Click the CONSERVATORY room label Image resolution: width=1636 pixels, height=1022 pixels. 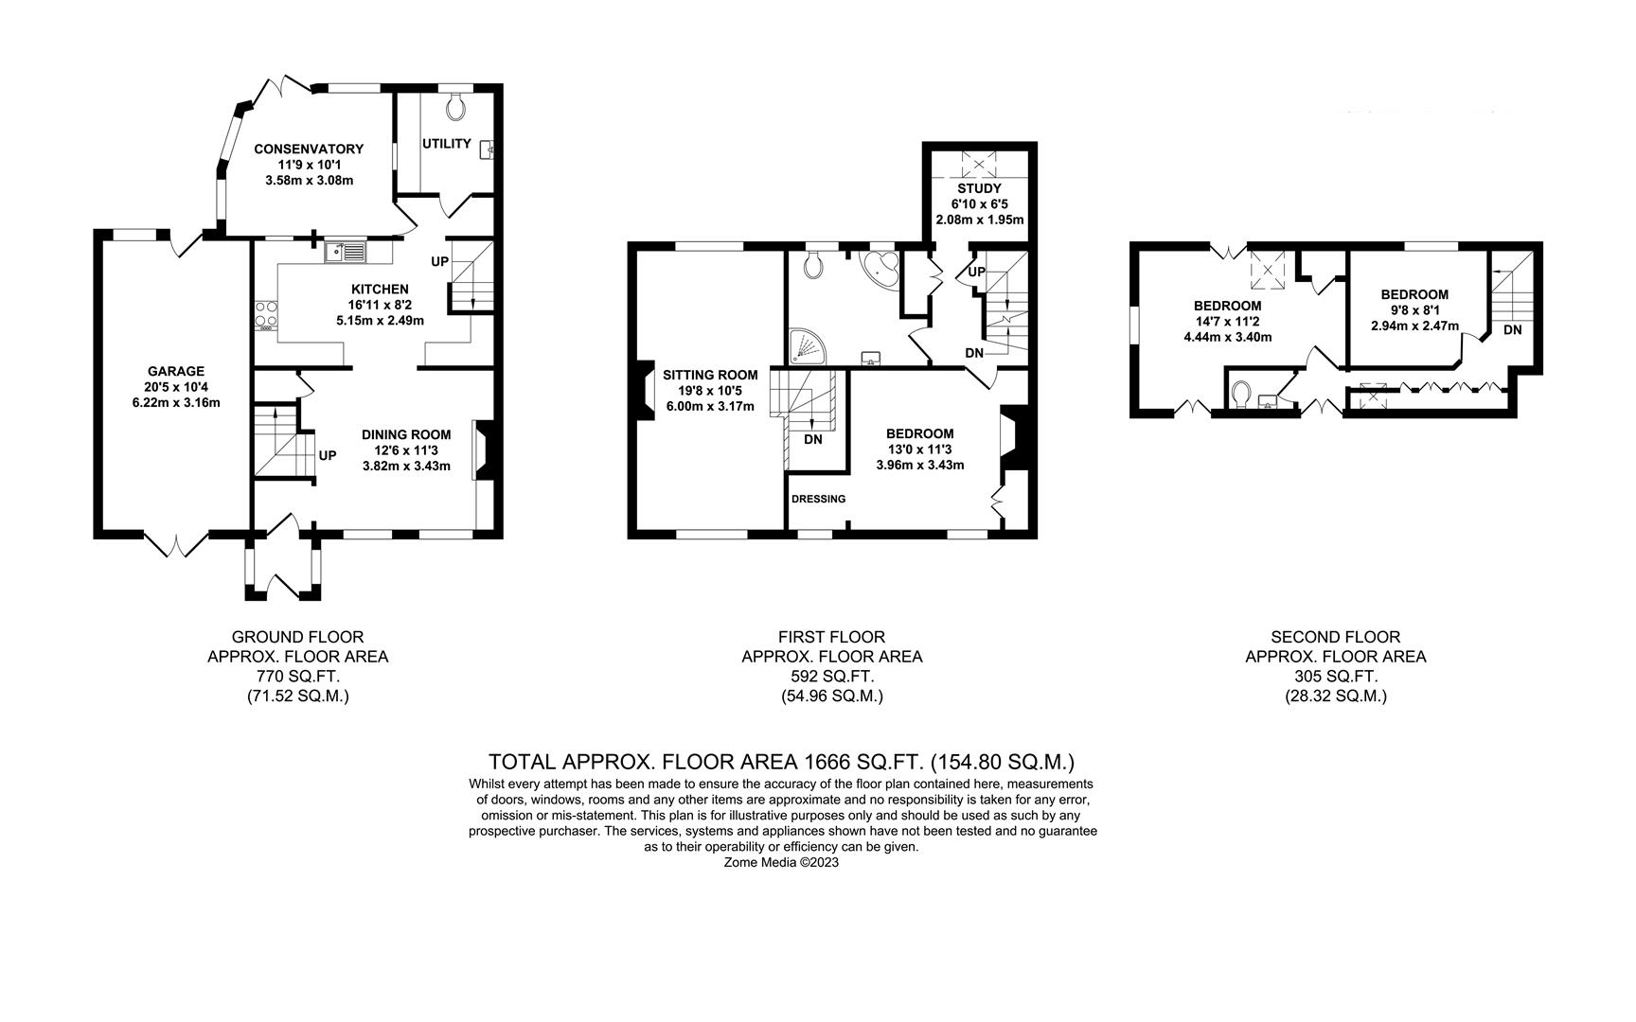[309, 149]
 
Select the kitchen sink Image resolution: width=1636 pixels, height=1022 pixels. [346, 252]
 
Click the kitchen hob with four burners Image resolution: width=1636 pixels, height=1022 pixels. [265, 312]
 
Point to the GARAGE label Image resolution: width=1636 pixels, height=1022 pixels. [175, 371]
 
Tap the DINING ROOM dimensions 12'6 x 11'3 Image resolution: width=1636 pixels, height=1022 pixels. [406, 450]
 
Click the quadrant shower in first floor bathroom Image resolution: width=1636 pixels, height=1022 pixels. [806, 345]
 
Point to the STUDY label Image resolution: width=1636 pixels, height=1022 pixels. [979, 188]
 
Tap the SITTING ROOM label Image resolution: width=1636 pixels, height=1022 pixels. [710, 375]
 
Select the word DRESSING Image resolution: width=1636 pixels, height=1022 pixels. [819, 499]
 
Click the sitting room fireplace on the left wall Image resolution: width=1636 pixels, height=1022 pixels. [644, 390]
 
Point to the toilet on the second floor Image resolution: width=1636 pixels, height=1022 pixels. [1242, 391]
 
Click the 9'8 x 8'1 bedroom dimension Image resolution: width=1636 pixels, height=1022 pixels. [1414, 309]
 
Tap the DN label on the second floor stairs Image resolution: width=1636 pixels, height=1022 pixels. [1513, 330]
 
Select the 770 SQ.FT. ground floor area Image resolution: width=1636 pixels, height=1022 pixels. [297, 677]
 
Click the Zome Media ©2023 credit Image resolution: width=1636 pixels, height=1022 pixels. [782, 863]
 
